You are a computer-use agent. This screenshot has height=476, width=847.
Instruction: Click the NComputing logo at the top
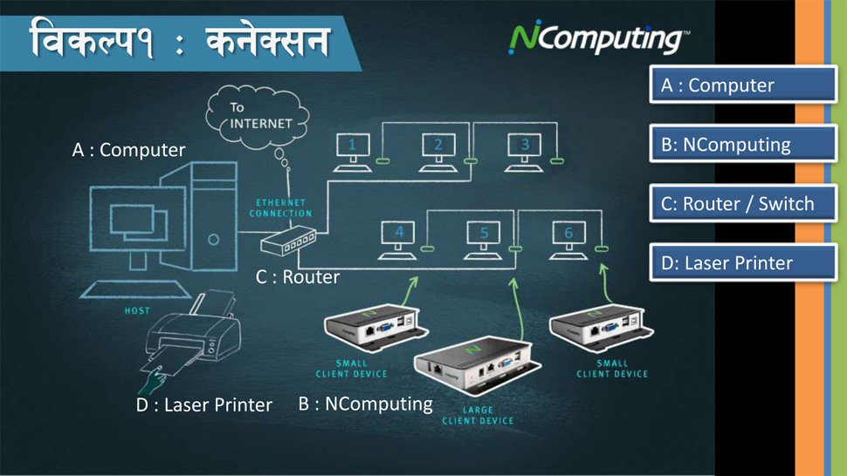coord(598,37)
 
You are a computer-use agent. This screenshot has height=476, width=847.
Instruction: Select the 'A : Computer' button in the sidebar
coord(743,85)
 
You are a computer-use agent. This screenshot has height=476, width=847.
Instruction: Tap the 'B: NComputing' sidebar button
coord(743,144)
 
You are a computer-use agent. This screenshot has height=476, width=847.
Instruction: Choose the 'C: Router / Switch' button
coord(743,203)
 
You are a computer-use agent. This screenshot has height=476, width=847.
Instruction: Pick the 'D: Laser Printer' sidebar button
coord(743,262)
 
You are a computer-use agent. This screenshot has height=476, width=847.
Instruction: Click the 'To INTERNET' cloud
coord(258,117)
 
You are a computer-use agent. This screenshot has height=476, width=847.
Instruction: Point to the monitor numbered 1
coord(353,153)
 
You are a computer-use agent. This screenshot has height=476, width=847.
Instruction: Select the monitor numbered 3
coord(524,153)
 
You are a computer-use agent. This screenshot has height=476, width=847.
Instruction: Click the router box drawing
coord(288,241)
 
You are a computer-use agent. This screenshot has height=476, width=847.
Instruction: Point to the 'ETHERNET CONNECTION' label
coord(281,208)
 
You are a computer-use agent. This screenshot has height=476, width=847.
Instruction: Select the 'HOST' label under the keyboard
coord(137,310)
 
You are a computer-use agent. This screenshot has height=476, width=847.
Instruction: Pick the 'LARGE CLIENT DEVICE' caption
coord(478,415)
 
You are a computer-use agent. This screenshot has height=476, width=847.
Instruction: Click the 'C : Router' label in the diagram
coord(298,277)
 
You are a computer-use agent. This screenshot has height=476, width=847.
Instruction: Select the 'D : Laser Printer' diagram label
coord(204,405)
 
